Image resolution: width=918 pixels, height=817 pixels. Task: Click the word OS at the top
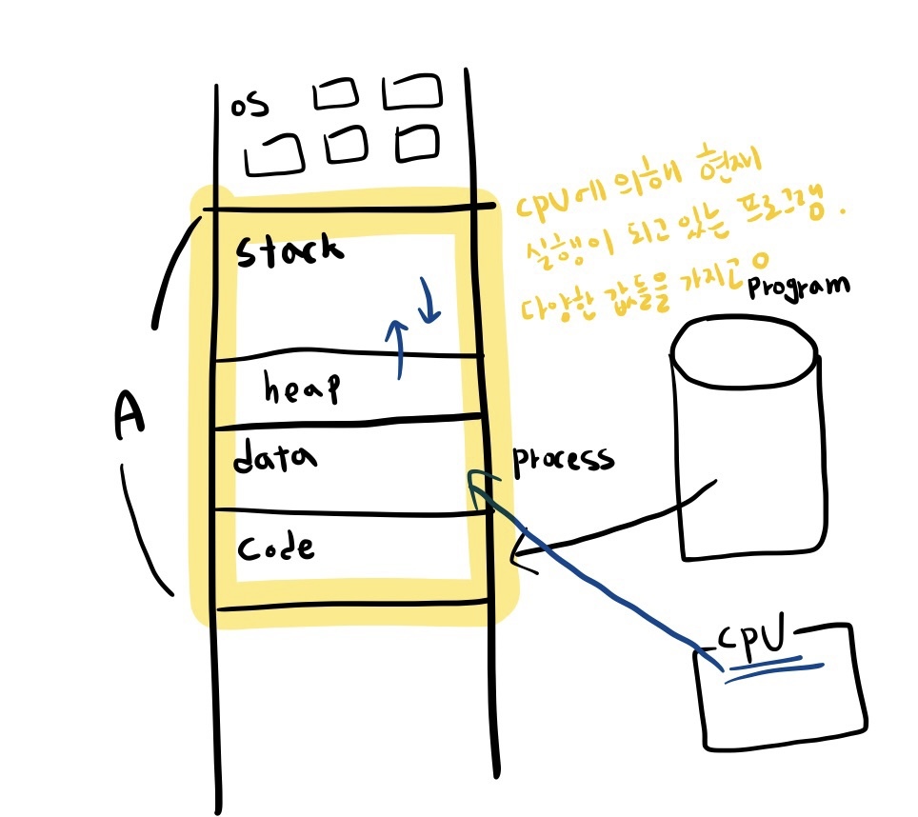[x=249, y=102]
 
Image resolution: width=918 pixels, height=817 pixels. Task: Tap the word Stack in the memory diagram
[x=288, y=252]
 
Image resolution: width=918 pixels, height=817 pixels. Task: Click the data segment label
[x=275, y=459]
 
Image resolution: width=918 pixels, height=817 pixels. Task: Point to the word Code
[x=275, y=549]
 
